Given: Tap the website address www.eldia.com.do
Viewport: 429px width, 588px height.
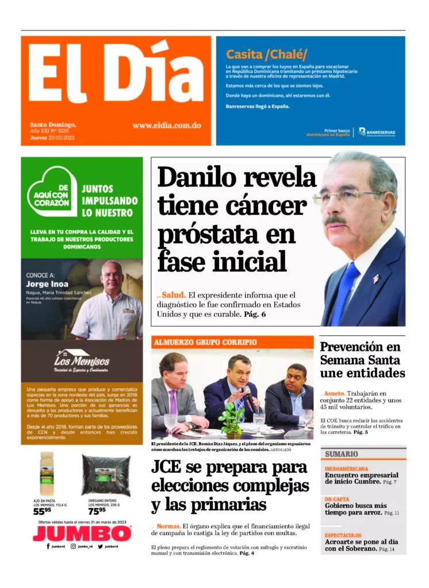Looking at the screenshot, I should click(166, 125).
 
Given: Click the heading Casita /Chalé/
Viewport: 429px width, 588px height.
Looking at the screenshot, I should click(266, 55).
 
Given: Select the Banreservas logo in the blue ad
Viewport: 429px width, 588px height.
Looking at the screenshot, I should click(377, 132).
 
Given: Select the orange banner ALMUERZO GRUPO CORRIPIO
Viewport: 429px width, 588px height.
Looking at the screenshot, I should click(205, 342).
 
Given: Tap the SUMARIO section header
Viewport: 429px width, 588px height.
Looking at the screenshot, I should click(341, 454).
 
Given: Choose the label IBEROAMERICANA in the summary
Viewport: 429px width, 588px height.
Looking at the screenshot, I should click(346, 469).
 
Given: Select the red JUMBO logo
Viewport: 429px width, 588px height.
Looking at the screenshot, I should click(82, 533).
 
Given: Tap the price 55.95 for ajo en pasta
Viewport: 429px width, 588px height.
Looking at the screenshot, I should click(42, 511).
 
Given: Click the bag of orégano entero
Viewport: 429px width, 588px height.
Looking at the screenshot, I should click(106, 474).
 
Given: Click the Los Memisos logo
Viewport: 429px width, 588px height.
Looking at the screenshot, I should click(82, 361).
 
